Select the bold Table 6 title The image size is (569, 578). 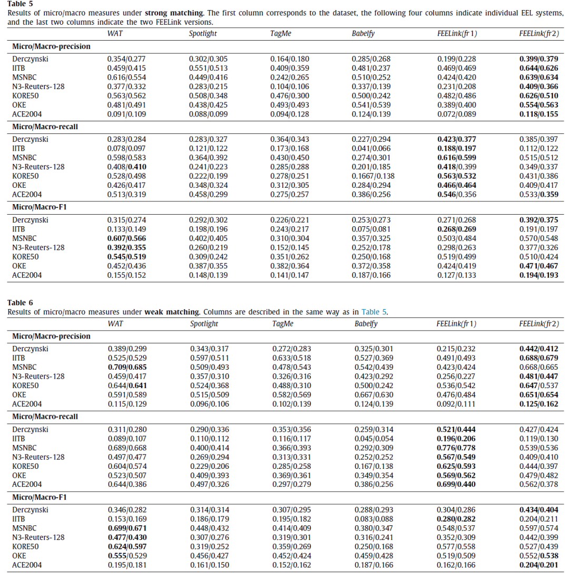tap(20, 303)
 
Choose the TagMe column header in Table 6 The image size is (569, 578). tap(282, 324)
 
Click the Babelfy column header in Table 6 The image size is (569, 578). tap(366, 324)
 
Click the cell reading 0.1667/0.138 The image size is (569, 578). tap(373, 176)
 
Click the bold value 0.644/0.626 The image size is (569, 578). tap(538, 69)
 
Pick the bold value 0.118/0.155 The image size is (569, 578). tap(538, 114)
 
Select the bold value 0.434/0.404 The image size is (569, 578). tap(538, 510)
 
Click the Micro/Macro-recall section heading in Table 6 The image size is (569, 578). tap(45, 417)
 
